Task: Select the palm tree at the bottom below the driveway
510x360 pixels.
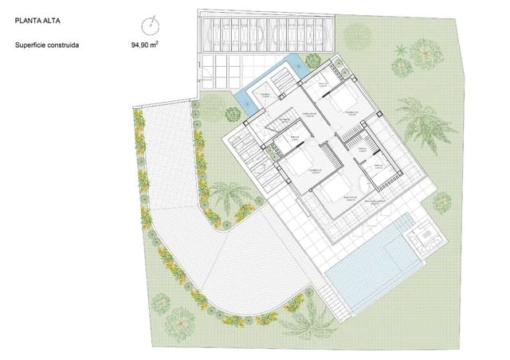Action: click(x=305, y=320)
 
